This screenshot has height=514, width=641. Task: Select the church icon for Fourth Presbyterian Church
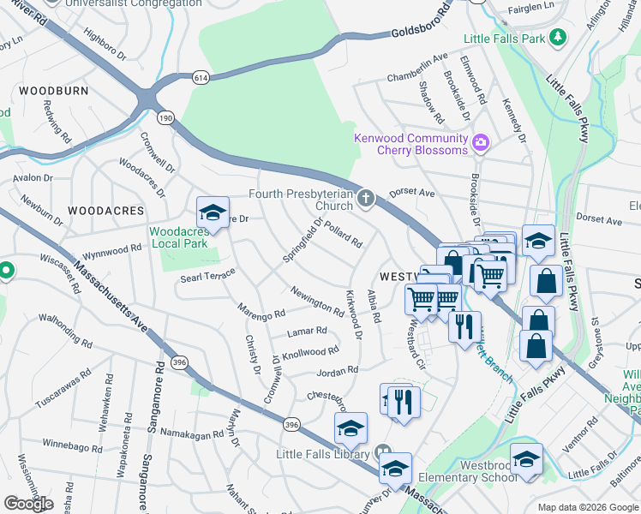(x=366, y=199)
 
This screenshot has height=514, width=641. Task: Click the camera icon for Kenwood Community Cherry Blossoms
(x=480, y=141)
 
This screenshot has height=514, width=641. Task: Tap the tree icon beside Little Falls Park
(x=558, y=38)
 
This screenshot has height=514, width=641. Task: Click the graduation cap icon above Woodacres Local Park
(x=213, y=212)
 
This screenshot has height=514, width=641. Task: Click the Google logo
(x=28, y=504)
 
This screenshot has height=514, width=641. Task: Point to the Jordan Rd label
(x=337, y=372)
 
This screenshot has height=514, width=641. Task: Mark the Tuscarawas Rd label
(x=62, y=389)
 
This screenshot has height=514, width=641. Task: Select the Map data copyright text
(x=588, y=507)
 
